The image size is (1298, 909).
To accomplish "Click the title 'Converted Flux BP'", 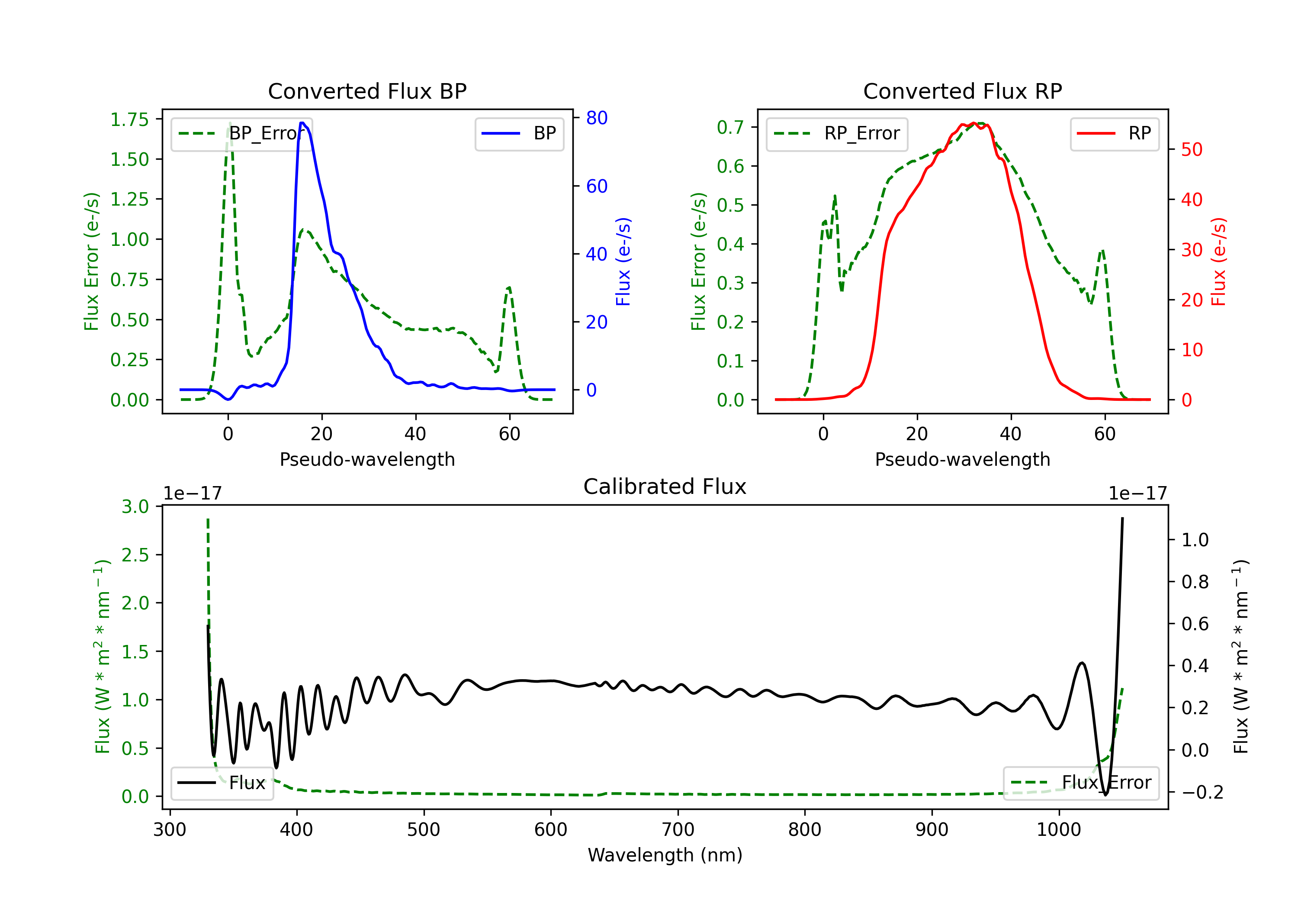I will (x=367, y=91).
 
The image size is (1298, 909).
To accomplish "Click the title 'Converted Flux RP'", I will (x=962, y=91).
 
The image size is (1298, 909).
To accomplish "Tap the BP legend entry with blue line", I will (x=520, y=133).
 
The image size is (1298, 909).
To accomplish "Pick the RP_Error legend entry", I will (x=837, y=133).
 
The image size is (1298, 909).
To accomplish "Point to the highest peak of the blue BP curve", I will (x=302, y=123).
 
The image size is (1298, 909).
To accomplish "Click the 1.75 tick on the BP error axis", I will (x=129, y=119).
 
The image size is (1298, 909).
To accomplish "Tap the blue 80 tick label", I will (x=596, y=118).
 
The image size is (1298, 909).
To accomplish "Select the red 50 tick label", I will (x=1191, y=149).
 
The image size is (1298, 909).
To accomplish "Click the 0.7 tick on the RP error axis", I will (x=730, y=127).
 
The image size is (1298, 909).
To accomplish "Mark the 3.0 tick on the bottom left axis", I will (x=135, y=506).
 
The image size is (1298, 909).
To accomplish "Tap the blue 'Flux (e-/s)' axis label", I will (x=623, y=261).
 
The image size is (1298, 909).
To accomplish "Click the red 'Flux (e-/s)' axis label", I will (x=1218, y=261).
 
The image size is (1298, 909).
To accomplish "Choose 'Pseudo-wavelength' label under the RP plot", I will (x=962, y=459).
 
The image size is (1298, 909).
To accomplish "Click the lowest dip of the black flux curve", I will (x=1105, y=795).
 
